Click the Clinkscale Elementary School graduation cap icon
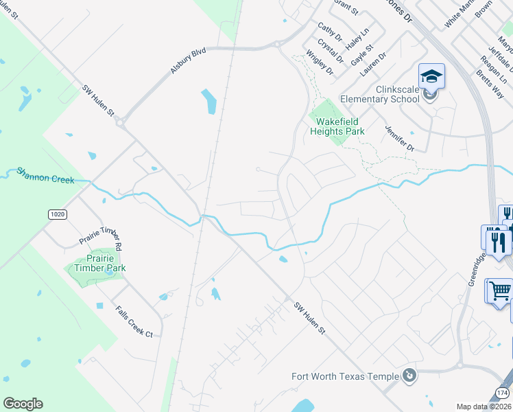pyautogui.click(x=431, y=76)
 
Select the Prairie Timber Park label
pyautogui.click(x=100, y=263)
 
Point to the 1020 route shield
pyautogui.click(x=58, y=214)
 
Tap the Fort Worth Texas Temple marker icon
pyautogui.click(x=409, y=376)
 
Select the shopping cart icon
pyautogui.click(x=500, y=290)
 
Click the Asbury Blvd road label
pyautogui.click(x=189, y=60)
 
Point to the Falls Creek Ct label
pyautogui.click(x=134, y=321)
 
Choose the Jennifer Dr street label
pyautogui.click(x=400, y=138)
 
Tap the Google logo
pyautogui.click(x=23, y=404)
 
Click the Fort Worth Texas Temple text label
pyautogui.click(x=345, y=376)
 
